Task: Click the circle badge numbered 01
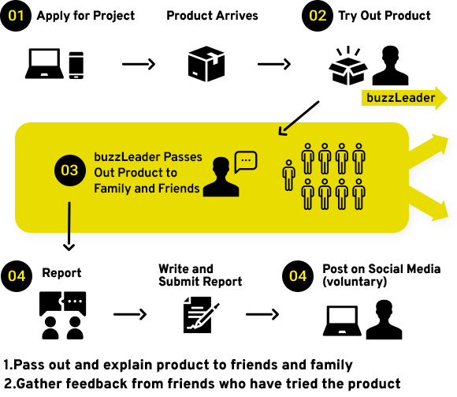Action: click(x=16, y=16)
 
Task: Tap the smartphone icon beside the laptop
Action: click(x=76, y=65)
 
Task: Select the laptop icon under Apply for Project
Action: click(x=44, y=63)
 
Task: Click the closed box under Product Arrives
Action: click(x=206, y=64)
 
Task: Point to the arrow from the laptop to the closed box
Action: click(x=139, y=64)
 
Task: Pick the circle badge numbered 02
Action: click(x=318, y=16)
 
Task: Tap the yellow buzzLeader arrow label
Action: click(x=404, y=98)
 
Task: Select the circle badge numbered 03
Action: click(x=70, y=170)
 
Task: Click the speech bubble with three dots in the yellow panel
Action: click(x=246, y=162)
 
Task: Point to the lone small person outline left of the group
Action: click(x=289, y=175)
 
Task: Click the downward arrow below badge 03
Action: click(x=69, y=227)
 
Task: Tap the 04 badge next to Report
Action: click(x=17, y=276)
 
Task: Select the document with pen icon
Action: click(x=201, y=314)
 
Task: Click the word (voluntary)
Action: click(x=355, y=282)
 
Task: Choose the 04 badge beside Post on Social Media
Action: click(x=298, y=276)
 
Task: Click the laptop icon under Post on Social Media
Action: click(x=342, y=320)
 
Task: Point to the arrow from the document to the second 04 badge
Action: click(x=262, y=314)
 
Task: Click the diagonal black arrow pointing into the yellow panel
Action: click(x=299, y=118)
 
